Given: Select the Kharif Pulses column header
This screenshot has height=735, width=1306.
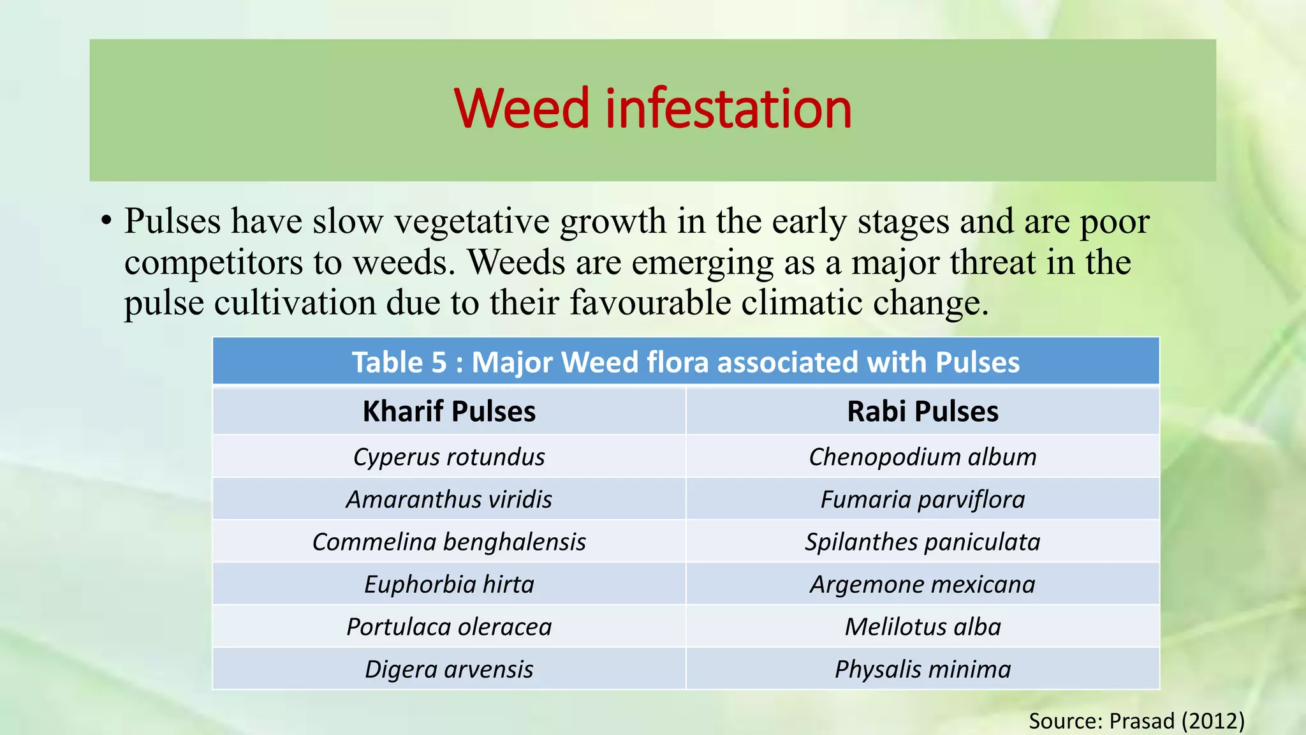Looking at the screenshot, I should [x=449, y=412].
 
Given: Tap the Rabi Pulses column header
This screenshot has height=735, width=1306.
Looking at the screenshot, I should [x=922, y=412].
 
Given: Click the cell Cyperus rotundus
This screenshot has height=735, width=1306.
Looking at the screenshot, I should [x=449, y=457].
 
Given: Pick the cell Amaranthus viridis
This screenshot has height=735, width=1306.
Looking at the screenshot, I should [x=449, y=500].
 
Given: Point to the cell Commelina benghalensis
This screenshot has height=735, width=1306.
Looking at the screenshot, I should [x=449, y=542].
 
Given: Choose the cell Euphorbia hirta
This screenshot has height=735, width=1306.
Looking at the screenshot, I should [x=449, y=584].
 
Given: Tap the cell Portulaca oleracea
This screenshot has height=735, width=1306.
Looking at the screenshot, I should [x=449, y=627].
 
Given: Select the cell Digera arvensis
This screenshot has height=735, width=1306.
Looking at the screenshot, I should [x=449, y=669].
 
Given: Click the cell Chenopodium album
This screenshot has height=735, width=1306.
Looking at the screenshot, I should [x=922, y=457].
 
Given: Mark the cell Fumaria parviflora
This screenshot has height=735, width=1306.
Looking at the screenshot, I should [x=922, y=500].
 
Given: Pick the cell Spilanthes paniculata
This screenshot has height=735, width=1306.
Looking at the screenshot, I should [x=922, y=542].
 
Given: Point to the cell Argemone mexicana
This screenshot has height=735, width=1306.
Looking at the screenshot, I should [x=922, y=584].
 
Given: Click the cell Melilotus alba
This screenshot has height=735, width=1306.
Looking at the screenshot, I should [x=922, y=627].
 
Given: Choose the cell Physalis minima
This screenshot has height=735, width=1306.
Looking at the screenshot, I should [x=922, y=669].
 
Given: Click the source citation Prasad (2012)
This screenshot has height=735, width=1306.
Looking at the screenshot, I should [x=1136, y=721].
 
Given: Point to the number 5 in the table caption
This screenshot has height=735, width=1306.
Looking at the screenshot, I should [x=439, y=362].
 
